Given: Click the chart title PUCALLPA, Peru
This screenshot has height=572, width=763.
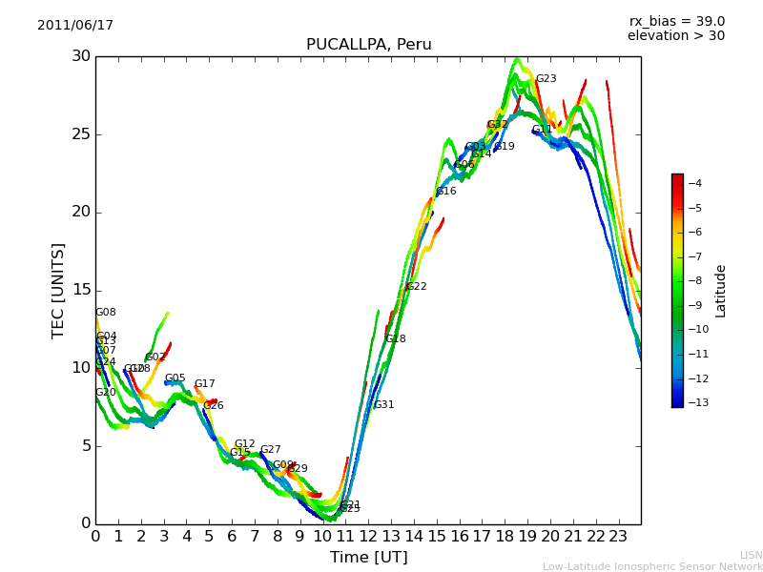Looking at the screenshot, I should pos(368,45).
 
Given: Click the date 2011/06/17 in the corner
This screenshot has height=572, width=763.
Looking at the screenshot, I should pos(75,26).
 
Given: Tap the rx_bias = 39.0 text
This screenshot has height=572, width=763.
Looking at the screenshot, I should pos(676,22).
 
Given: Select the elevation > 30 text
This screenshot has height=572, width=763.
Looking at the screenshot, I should pos(675,36).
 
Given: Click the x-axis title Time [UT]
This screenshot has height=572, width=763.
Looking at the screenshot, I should pos(368,558).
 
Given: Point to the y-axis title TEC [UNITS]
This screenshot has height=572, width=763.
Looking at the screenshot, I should pos(59,290).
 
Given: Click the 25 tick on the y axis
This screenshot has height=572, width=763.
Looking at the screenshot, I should pos(80,134).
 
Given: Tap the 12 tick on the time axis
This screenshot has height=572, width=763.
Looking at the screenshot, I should pos(368,537).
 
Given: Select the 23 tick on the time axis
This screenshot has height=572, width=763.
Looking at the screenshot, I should pos(618,537).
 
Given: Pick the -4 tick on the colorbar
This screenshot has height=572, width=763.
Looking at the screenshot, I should pos(694,183).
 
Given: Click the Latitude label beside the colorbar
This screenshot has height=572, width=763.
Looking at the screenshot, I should pos(721,290).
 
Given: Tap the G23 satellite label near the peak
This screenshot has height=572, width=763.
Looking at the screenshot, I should pos(546,79).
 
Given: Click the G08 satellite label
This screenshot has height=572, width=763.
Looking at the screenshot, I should pos(105,313).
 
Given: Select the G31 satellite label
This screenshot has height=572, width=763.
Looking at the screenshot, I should pos(383,405).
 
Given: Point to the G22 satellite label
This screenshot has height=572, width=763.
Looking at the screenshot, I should pos(416,287).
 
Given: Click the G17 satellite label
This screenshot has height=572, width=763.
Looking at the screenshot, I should pos(205,384).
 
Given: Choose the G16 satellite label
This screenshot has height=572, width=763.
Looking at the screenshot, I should pos(446,192).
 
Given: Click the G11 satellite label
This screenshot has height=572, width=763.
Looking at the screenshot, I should pos(542,131).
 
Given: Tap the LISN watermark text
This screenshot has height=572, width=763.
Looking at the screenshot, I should pos(751,555).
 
